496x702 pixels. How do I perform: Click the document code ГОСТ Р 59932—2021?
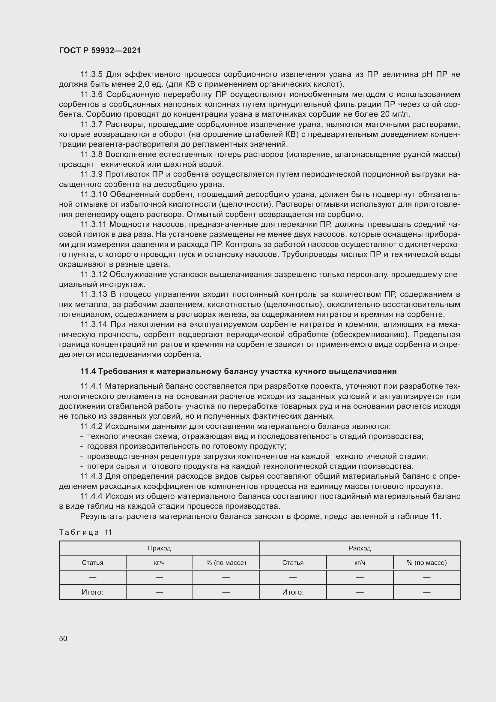point(100,51)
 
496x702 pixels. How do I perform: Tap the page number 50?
point(63,638)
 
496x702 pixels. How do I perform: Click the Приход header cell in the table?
point(159,548)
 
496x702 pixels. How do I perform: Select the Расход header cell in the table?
point(360,548)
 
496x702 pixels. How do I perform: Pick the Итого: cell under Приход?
point(92,592)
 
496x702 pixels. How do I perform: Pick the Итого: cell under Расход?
point(293,592)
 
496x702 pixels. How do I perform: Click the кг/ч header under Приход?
point(159,562)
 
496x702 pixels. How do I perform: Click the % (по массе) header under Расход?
point(426,562)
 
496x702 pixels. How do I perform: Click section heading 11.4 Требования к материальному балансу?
point(238,372)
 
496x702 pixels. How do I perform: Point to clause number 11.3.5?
point(91,74)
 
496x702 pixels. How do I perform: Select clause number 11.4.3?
point(91,476)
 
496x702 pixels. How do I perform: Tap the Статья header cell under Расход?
point(293,562)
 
